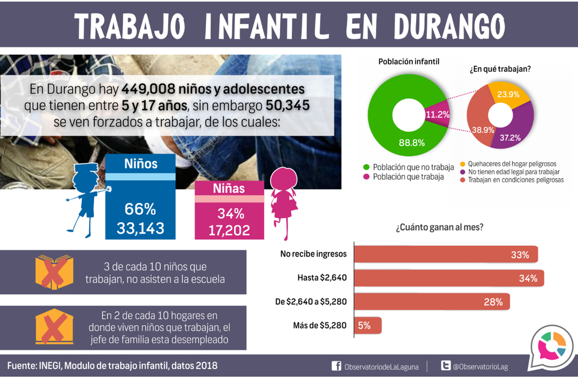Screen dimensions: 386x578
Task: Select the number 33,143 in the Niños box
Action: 141,228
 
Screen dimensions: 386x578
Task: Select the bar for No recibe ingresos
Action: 446,254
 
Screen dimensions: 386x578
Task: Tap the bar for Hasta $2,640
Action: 449,277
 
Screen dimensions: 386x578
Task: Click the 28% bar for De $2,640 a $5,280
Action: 432,302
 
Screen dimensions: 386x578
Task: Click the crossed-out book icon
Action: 54,272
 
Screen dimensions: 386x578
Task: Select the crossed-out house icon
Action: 54,327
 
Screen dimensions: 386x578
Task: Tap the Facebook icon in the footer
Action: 336,366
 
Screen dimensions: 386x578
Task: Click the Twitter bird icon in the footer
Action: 445,366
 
